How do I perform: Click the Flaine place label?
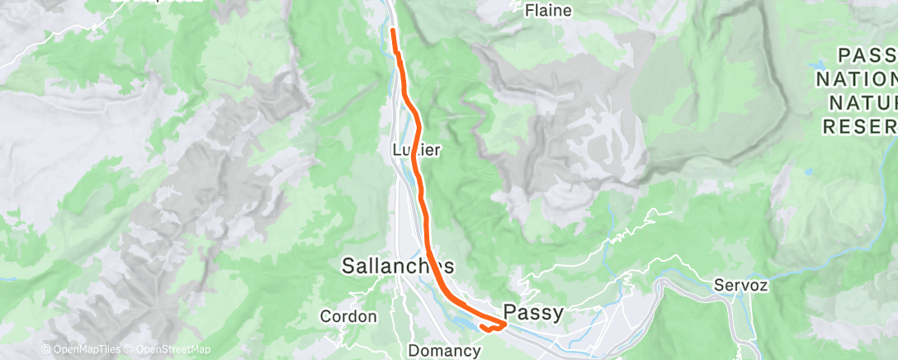549,11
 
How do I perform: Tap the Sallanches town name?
398,266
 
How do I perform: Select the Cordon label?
348,316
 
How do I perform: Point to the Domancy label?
445,351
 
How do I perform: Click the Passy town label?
533,312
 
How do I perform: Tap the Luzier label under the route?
417,150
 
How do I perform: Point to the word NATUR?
863,102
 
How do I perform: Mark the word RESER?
859,126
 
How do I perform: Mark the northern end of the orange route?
392,31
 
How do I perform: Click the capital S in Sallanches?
350,266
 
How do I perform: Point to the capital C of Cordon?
325,316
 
